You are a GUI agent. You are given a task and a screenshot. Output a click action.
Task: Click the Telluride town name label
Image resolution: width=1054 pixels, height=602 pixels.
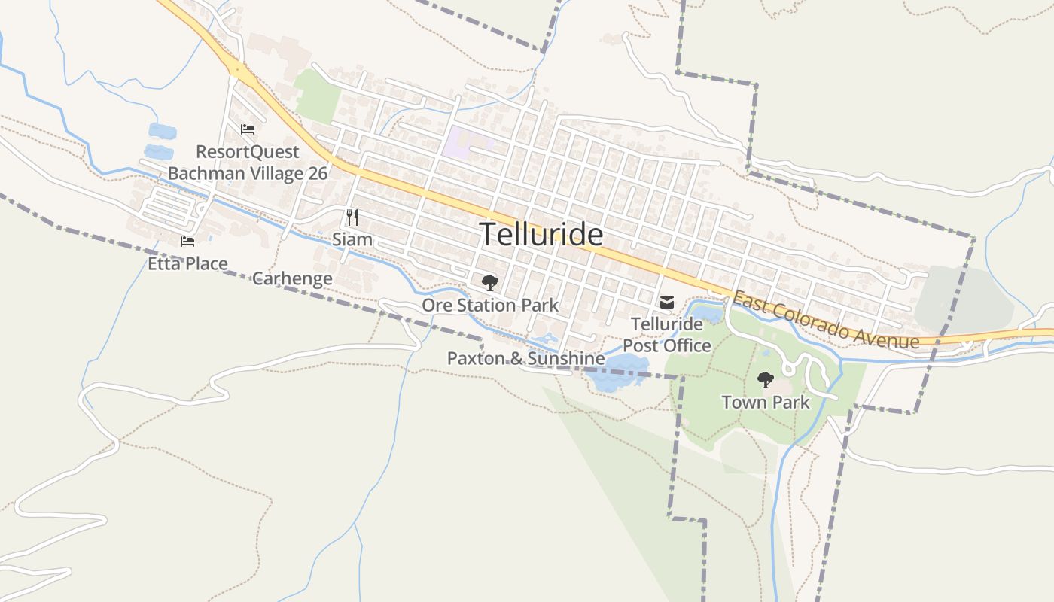tap(541, 235)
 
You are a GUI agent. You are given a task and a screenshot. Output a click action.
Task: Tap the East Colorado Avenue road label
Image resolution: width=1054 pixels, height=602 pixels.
tap(826, 321)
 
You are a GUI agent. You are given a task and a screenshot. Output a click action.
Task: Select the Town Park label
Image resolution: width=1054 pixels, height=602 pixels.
tap(766, 402)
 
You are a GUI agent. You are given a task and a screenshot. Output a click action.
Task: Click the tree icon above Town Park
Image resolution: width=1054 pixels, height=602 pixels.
tap(766, 380)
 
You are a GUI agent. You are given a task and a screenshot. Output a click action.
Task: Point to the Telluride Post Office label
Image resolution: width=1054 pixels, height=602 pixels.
tap(667, 335)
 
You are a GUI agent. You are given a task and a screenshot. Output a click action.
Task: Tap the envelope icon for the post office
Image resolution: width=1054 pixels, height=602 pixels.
tap(667, 303)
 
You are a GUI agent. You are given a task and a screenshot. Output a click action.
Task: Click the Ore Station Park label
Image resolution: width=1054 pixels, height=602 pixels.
tap(490, 305)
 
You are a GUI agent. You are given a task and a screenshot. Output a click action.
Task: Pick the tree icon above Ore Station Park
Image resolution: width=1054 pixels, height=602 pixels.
tap(490, 283)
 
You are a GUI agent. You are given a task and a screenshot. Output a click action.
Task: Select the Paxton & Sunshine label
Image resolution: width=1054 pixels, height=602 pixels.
tap(525, 358)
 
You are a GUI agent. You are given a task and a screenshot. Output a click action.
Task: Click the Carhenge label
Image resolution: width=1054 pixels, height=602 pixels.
tap(292, 278)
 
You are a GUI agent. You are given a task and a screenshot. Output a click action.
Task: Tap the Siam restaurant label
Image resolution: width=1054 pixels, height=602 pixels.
tap(352, 239)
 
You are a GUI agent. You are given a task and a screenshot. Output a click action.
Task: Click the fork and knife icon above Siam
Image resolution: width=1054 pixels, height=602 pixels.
tap(352, 217)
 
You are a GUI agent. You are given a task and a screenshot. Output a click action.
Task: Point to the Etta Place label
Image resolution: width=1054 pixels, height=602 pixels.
tap(187, 263)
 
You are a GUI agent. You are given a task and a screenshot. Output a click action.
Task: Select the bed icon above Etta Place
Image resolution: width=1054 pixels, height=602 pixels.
tap(187, 242)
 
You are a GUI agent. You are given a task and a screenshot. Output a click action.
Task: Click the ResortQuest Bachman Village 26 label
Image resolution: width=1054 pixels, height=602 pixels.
tap(248, 163)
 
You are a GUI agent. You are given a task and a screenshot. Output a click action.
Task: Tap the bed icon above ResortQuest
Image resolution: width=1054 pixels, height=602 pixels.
tap(248, 129)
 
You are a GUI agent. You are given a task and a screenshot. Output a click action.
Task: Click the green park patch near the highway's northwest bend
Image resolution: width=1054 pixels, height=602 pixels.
tap(318, 96)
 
